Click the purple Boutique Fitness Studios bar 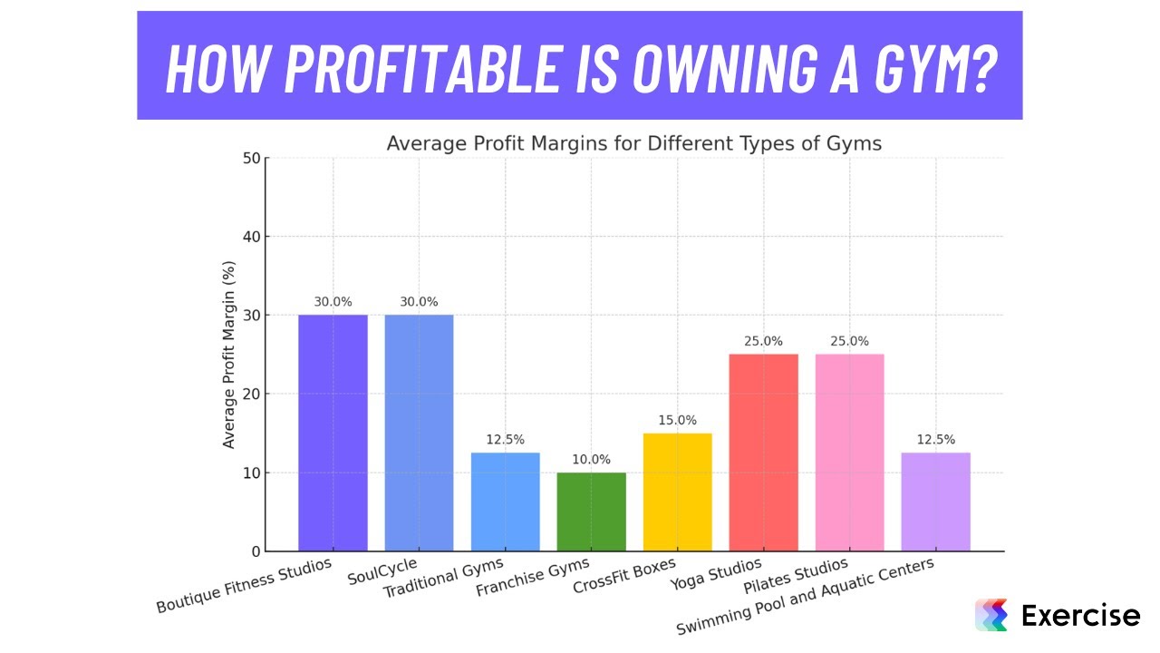tap(333, 433)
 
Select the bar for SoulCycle tap(419, 433)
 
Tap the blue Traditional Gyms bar tap(505, 502)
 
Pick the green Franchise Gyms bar tap(591, 512)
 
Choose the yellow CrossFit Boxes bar tap(677, 492)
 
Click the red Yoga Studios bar tap(763, 453)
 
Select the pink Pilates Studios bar tap(849, 453)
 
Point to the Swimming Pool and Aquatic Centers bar tap(935, 502)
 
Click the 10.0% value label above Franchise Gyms tap(591, 460)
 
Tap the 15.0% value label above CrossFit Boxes tap(677, 420)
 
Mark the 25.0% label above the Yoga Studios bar tap(763, 342)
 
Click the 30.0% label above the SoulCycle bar tap(419, 302)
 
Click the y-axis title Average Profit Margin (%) tap(229, 355)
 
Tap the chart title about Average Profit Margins tap(633, 143)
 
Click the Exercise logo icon tap(991, 616)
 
